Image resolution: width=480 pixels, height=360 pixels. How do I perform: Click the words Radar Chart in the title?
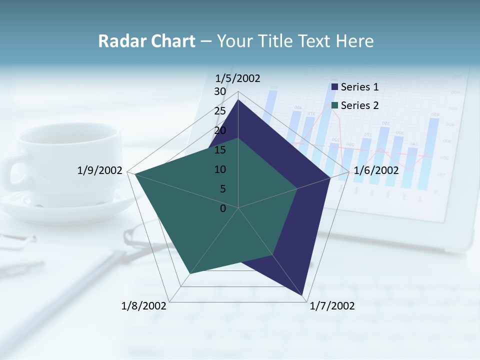(146, 41)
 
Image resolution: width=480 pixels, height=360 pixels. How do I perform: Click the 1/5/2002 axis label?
(237, 78)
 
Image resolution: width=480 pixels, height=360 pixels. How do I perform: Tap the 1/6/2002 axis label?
(376, 170)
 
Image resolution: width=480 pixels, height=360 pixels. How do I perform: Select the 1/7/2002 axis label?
(332, 306)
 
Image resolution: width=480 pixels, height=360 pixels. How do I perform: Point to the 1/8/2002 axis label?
(144, 306)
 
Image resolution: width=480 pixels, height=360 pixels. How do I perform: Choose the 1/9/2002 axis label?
(100, 170)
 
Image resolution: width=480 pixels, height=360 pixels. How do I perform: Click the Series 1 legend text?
(359, 87)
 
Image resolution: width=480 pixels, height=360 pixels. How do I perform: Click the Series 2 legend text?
(359, 105)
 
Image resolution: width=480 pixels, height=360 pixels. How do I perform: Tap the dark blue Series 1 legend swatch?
(334, 87)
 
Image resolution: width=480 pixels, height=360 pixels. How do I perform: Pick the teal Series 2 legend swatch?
(334, 105)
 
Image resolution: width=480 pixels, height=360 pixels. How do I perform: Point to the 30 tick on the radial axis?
(220, 92)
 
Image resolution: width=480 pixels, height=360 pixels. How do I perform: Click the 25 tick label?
(220, 111)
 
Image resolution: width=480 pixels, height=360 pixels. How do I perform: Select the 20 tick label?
(220, 130)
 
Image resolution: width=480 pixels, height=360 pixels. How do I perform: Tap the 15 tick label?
(220, 150)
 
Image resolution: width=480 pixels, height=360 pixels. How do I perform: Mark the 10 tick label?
(220, 169)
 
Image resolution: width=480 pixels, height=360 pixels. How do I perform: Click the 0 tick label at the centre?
(223, 208)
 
